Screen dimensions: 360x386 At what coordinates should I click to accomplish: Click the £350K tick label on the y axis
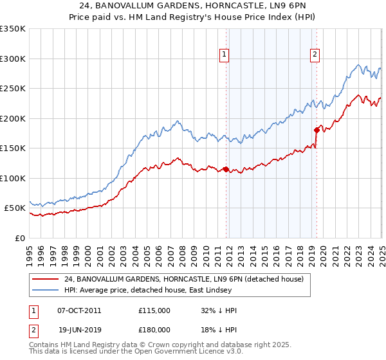tap(13, 29)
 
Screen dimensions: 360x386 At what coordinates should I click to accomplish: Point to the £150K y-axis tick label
tap(13, 148)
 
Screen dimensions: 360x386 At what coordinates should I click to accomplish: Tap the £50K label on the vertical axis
tap(15, 208)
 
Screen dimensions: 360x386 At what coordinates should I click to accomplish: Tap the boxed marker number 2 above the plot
tap(315, 55)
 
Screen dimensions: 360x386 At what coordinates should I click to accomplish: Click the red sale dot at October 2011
tap(226, 170)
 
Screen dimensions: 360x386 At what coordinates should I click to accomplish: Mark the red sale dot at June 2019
tap(317, 130)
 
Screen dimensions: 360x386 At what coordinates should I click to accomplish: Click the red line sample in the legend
tap(45, 279)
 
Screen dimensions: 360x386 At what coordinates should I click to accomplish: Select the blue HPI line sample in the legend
tap(45, 289)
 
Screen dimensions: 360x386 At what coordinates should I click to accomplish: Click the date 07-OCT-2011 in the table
tap(79, 310)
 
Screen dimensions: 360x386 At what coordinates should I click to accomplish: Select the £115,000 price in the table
tap(154, 310)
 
